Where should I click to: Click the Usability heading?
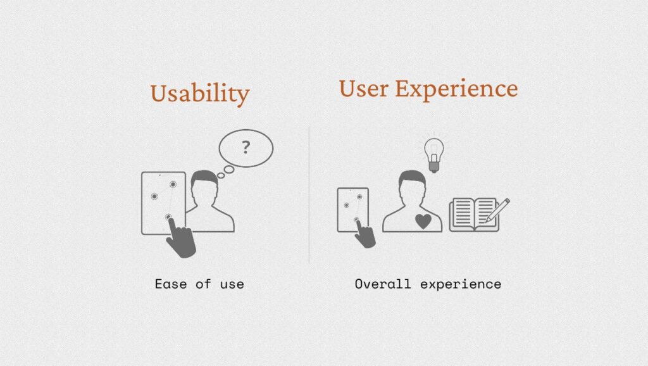(199, 94)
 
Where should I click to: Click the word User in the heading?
(364, 89)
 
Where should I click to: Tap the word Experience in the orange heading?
(456, 89)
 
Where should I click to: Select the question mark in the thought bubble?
(246, 148)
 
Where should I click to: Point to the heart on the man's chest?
(423, 221)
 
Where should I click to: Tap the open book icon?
(474, 214)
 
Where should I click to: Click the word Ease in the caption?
(171, 284)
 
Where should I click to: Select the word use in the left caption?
(232, 284)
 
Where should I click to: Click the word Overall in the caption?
(383, 284)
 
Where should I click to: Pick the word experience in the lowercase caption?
(461, 284)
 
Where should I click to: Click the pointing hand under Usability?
(180, 238)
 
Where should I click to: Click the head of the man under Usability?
(204, 187)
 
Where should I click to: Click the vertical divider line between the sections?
(309, 195)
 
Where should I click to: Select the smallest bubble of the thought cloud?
(221, 176)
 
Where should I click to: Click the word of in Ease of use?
(203, 284)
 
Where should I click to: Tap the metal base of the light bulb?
(434, 167)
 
